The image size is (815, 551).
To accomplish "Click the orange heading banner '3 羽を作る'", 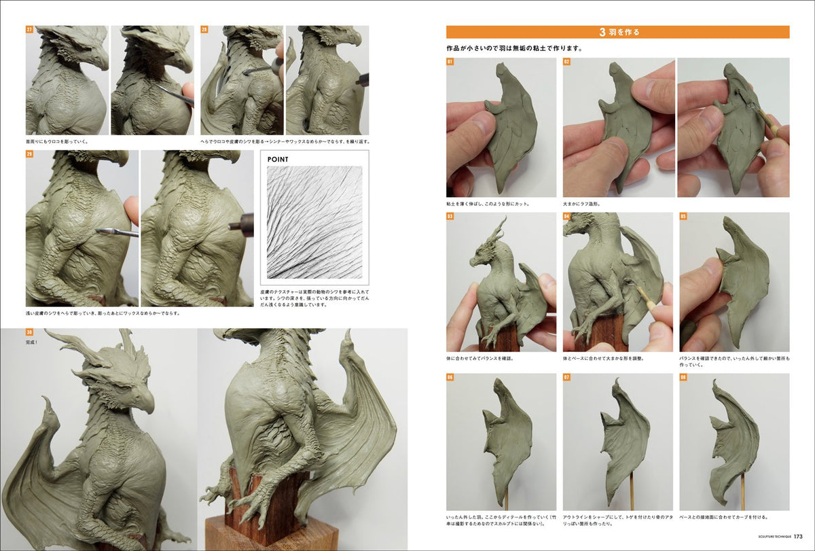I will point(617,32).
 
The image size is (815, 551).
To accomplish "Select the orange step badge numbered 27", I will point(30,30).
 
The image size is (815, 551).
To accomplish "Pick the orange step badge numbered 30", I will point(30,332).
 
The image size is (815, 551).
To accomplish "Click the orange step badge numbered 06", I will point(450,377).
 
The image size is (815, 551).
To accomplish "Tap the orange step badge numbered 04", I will point(566,217).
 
